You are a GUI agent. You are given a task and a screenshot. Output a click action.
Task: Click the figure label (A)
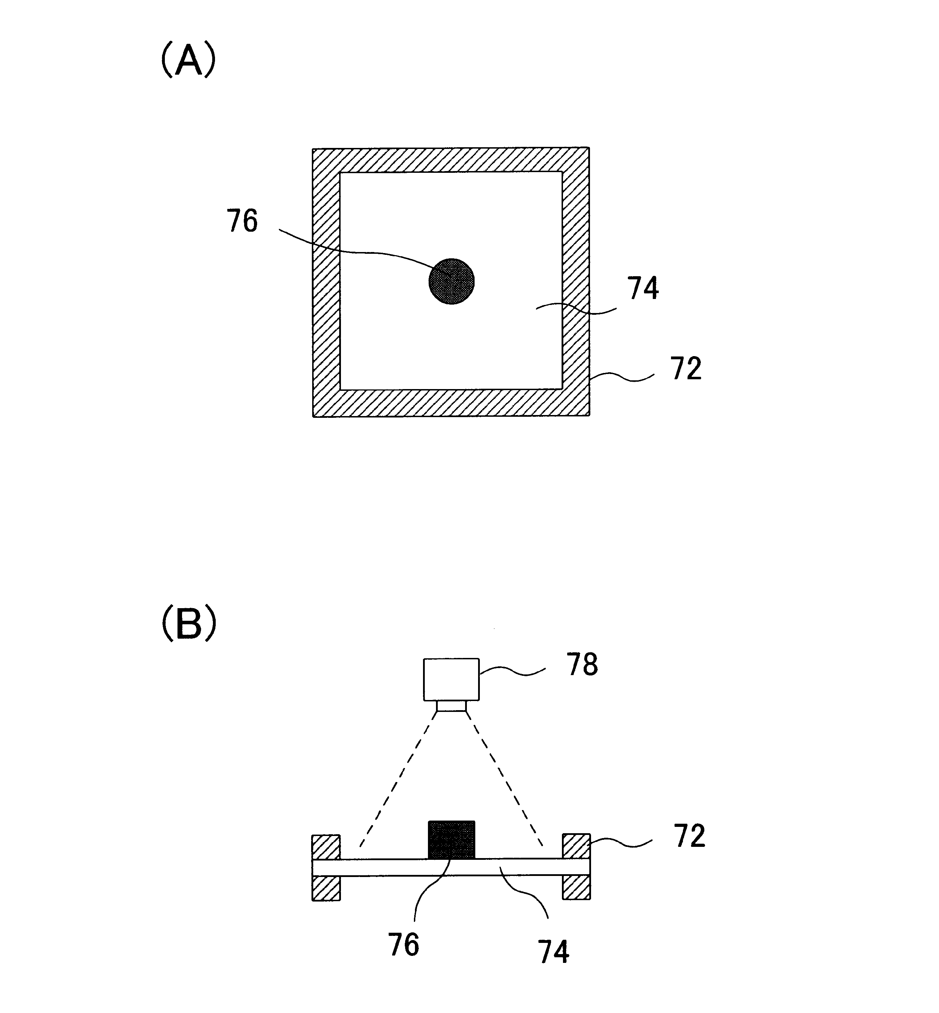188,60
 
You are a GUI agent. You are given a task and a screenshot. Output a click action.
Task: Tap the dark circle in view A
452,281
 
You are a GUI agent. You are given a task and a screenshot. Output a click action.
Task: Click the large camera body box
452,679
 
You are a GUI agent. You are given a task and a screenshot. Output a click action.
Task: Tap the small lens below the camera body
452,706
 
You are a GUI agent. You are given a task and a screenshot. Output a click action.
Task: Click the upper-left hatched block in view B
326,847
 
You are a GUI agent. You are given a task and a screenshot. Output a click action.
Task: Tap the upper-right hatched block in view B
576,847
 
